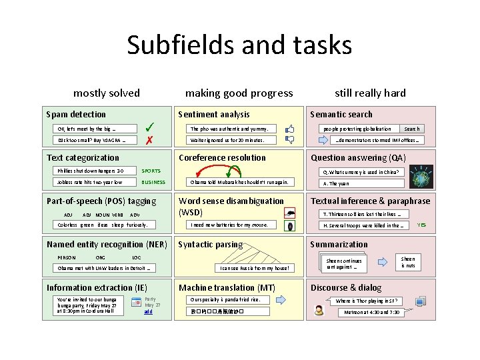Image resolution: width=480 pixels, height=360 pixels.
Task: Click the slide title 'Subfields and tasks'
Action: tap(239, 45)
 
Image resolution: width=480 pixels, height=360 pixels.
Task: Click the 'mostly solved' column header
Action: tap(107, 93)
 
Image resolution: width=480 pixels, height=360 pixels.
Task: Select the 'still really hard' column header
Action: tap(370, 93)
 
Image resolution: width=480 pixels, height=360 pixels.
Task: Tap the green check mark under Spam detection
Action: tap(151, 127)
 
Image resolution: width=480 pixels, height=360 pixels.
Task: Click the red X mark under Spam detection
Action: tap(150, 141)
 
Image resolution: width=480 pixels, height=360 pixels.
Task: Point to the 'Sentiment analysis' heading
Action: tap(214, 115)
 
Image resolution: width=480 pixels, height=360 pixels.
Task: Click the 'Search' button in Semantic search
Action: tap(412, 129)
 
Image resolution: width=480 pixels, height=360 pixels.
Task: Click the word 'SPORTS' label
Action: tap(151, 171)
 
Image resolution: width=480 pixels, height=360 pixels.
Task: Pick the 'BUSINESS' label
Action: tap(153, 182)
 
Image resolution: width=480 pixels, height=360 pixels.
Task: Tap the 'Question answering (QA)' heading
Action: tap(358, 158)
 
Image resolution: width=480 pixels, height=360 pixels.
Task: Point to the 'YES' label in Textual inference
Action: tap(421, 225)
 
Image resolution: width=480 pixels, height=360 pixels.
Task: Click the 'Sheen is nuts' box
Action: tap(408, 262)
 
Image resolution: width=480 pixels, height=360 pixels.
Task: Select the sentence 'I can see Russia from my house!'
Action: tap(255, 269)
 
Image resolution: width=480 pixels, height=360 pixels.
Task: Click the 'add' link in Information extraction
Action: tap(148, 311)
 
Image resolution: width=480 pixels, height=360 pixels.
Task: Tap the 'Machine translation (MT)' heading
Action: tap(227, 288)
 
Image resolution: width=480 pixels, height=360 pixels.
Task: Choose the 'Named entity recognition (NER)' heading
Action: tap(107, 245)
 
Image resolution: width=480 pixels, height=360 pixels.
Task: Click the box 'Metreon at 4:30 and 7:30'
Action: tap(372, 312)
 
